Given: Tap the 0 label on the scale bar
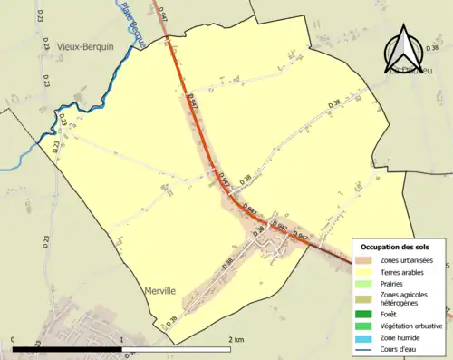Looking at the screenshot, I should (14, 340).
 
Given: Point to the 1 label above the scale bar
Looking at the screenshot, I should (122, 340).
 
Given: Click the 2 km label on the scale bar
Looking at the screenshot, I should (236, 340).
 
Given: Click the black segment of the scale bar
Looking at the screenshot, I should (68, 349).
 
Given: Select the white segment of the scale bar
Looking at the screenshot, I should (177, 349).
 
